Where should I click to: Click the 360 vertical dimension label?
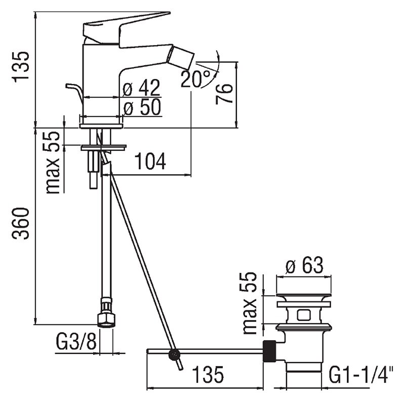(x=21, y=223)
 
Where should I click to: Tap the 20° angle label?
(x=195, y=78)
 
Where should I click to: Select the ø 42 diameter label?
(x=141, y=88)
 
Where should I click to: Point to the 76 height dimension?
(x=224, y=94)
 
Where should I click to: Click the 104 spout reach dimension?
(x=150, y=161)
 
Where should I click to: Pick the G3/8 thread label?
(x=76, y=342)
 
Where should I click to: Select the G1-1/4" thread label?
(x=361, y=375)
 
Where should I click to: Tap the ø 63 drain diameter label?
(x=304, y=265)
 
